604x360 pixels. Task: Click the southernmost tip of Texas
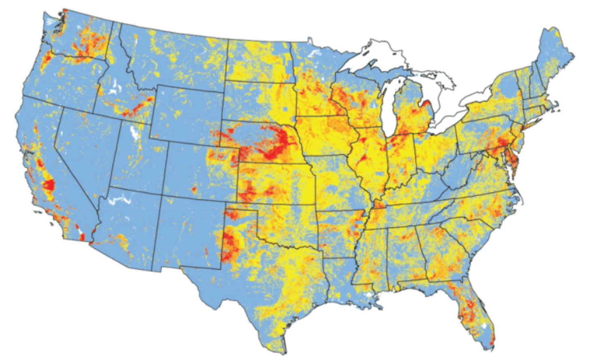click(285, 353)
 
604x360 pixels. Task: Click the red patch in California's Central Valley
click(49, 185)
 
